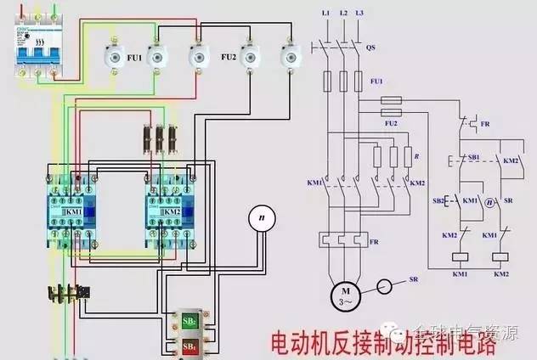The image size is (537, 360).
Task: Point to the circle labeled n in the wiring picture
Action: click(x=263, y=219)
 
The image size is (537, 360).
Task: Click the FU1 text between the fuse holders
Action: click(x=133, y=59)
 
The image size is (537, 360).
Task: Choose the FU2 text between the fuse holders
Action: click(x=229, y=57)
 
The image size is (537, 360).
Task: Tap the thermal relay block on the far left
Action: click(x=68, y=294)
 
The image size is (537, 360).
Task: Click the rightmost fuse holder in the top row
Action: click(x=291, y=56)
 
